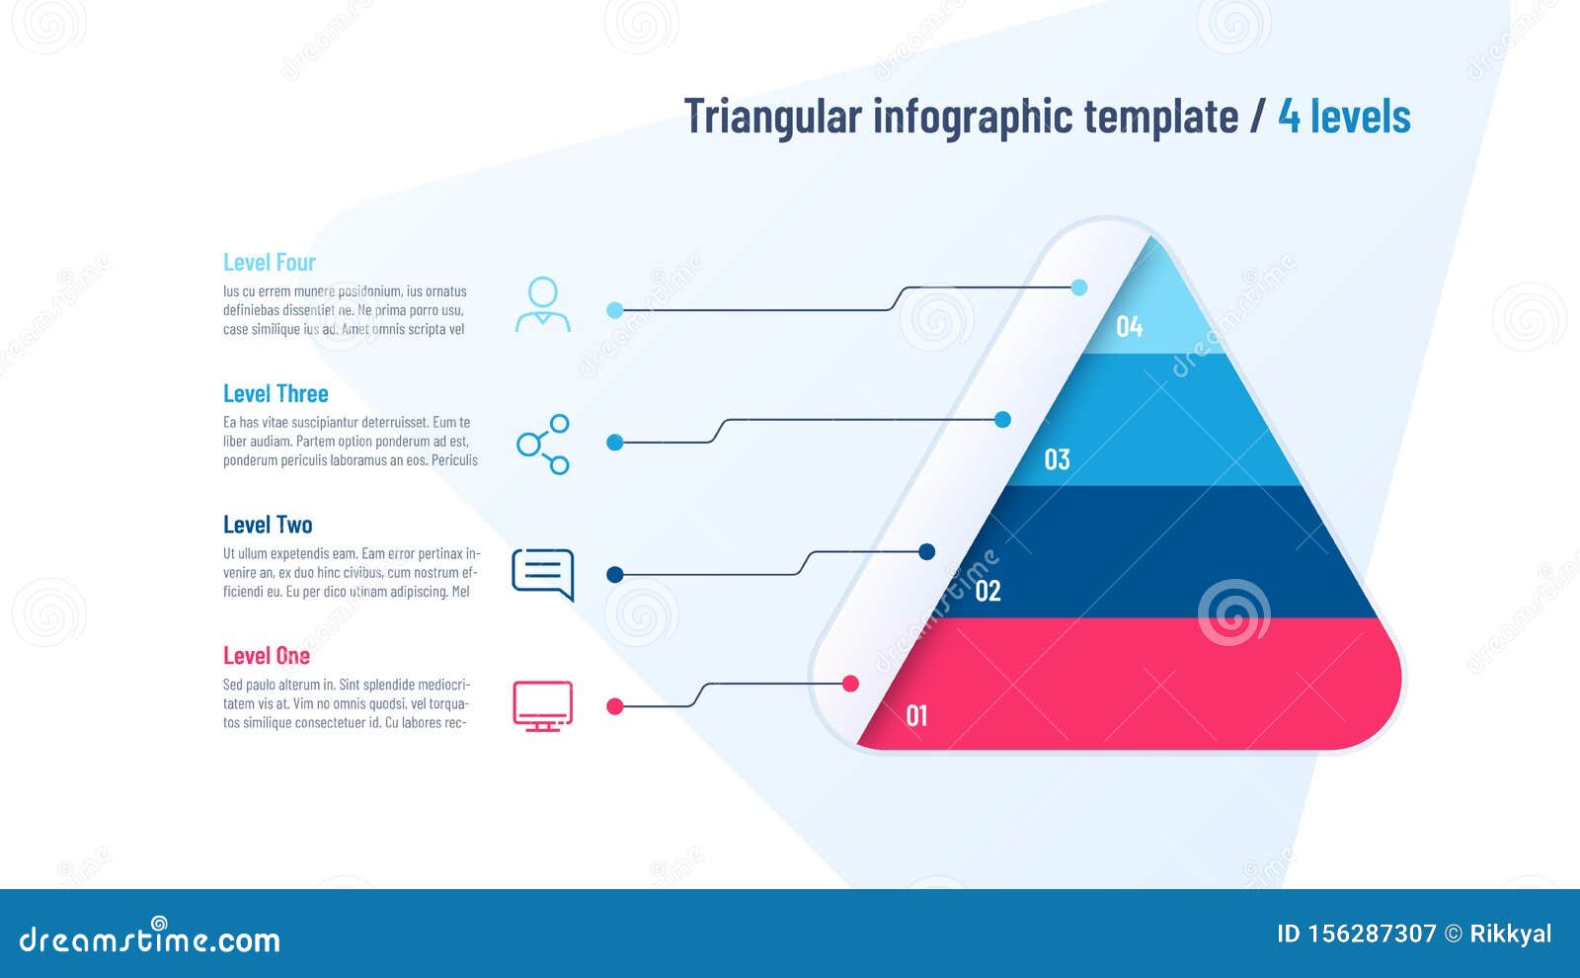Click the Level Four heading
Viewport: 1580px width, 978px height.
[x=269, y=263]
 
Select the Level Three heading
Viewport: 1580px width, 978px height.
[x=276, y=394]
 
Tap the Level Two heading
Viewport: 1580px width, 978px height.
[x=268, y=525]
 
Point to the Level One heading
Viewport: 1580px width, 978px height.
[x=267, y=656]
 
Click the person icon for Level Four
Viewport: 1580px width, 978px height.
[x=543, y=304]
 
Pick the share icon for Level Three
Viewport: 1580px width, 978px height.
[x=543, y=444]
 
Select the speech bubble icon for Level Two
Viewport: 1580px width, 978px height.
[x=542, y=573]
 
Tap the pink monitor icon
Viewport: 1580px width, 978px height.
[x=542, y=705]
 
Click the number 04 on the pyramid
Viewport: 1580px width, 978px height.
[x=1129, y=326]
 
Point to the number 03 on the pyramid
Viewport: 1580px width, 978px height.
[x=1057, y=459]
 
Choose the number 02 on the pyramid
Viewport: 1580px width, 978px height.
[x=987, y=591]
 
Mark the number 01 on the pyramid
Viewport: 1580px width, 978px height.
[x=916, y=715]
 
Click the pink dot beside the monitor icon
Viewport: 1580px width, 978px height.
[x=614, y=706]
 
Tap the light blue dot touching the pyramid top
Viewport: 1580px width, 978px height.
[x=1079, y=287]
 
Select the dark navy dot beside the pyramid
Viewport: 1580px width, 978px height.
[x=926, y=551]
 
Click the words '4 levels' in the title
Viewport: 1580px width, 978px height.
[x=1344, y=117]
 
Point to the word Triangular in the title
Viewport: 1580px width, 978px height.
[x=772, y=117]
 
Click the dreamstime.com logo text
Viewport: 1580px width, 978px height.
[x=150, y=938]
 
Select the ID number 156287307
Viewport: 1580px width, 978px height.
[x=1372, y=934]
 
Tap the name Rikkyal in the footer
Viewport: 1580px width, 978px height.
[x=1510, y=934]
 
